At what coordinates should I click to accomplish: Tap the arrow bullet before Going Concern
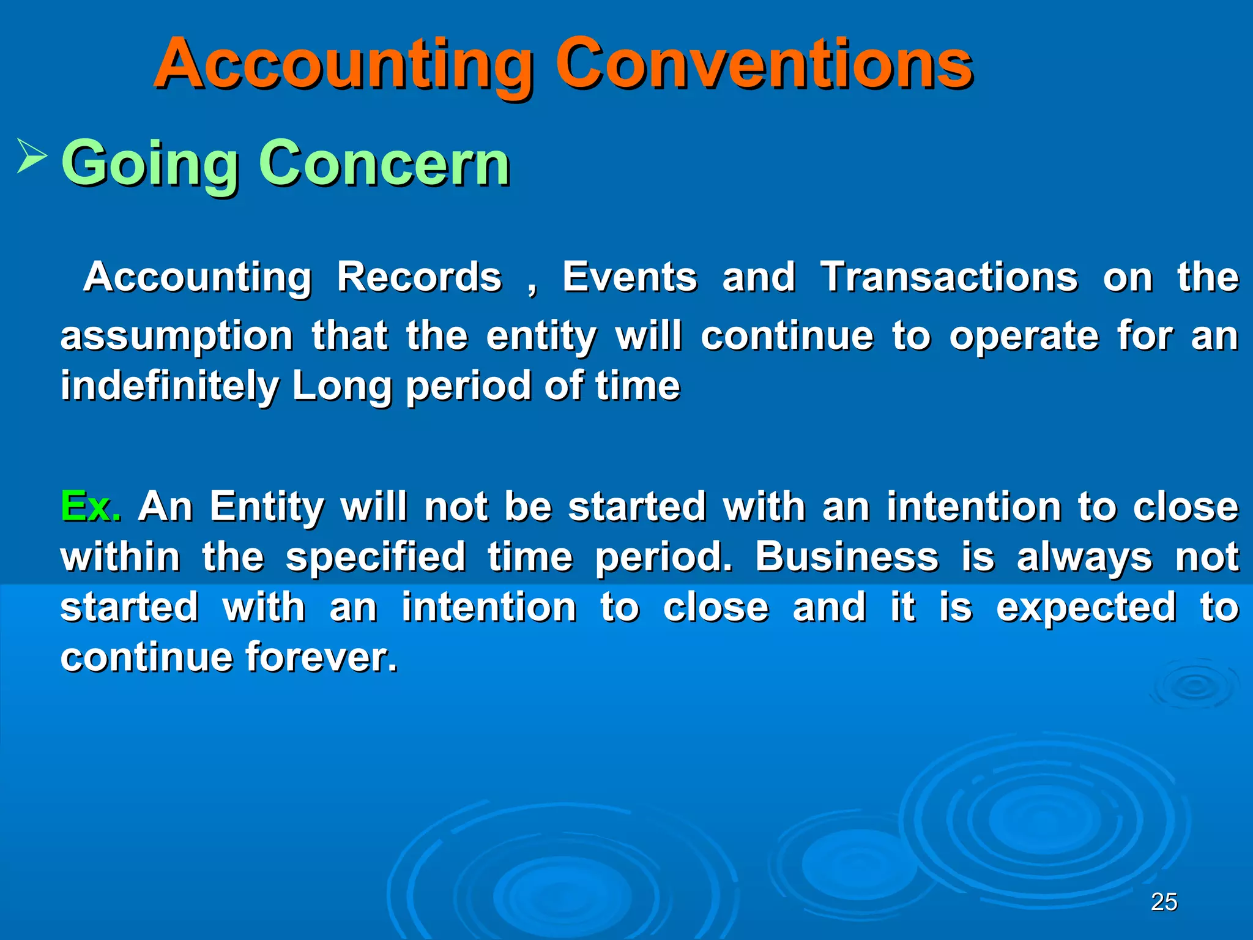pos(31,155)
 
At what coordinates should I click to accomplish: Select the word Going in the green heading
pos(150,164)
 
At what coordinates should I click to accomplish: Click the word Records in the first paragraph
pos(419,277)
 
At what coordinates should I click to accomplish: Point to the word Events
pos(630,277)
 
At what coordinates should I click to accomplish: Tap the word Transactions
pos(949,277)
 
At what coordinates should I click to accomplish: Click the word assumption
pos(177,337)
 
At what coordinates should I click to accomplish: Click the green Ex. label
pos(91,507)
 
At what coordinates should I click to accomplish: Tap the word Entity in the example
pos(267,507)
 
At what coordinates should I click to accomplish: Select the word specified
pos(376,557)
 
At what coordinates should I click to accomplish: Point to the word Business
pos(847,557)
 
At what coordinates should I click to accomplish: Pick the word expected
pos(1086,607)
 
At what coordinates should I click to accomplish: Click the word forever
pos(321,657)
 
